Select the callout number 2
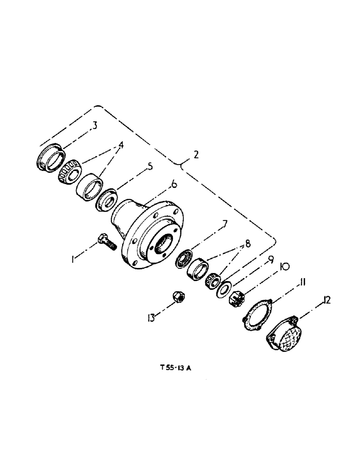(x=196, y=156)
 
